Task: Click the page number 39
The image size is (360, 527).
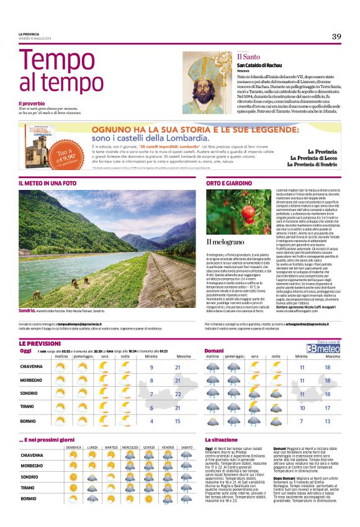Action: coord(336,36)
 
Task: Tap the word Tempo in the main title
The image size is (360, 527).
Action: coord(48,63)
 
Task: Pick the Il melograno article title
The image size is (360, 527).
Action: coord(223,241)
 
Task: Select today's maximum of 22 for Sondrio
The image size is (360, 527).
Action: coord(178,394)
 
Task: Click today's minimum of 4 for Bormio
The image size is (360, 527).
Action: coord(151,421)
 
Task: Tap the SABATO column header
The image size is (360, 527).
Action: coord(187,447)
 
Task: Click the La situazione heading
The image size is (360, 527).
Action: coord(222,440)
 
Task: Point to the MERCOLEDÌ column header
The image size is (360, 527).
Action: coord(130,447)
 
